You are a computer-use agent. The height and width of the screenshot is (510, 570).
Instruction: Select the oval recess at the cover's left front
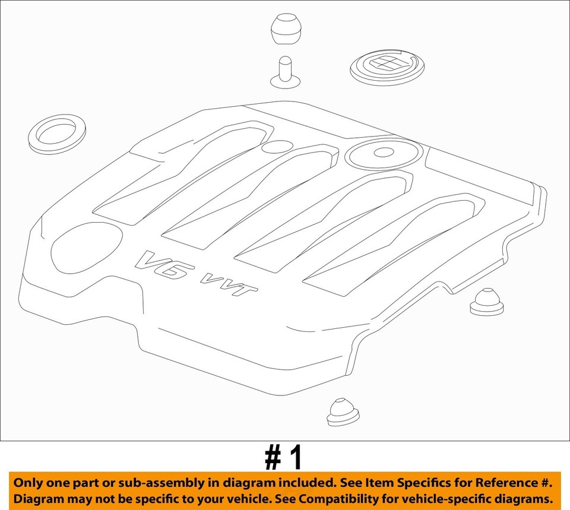pos(85,246)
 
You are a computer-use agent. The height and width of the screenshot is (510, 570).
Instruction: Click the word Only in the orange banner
pos(27,482)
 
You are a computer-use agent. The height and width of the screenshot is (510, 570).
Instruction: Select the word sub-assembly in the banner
pos(153,482)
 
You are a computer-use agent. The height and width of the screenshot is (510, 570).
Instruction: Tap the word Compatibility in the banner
pos(341,498)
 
